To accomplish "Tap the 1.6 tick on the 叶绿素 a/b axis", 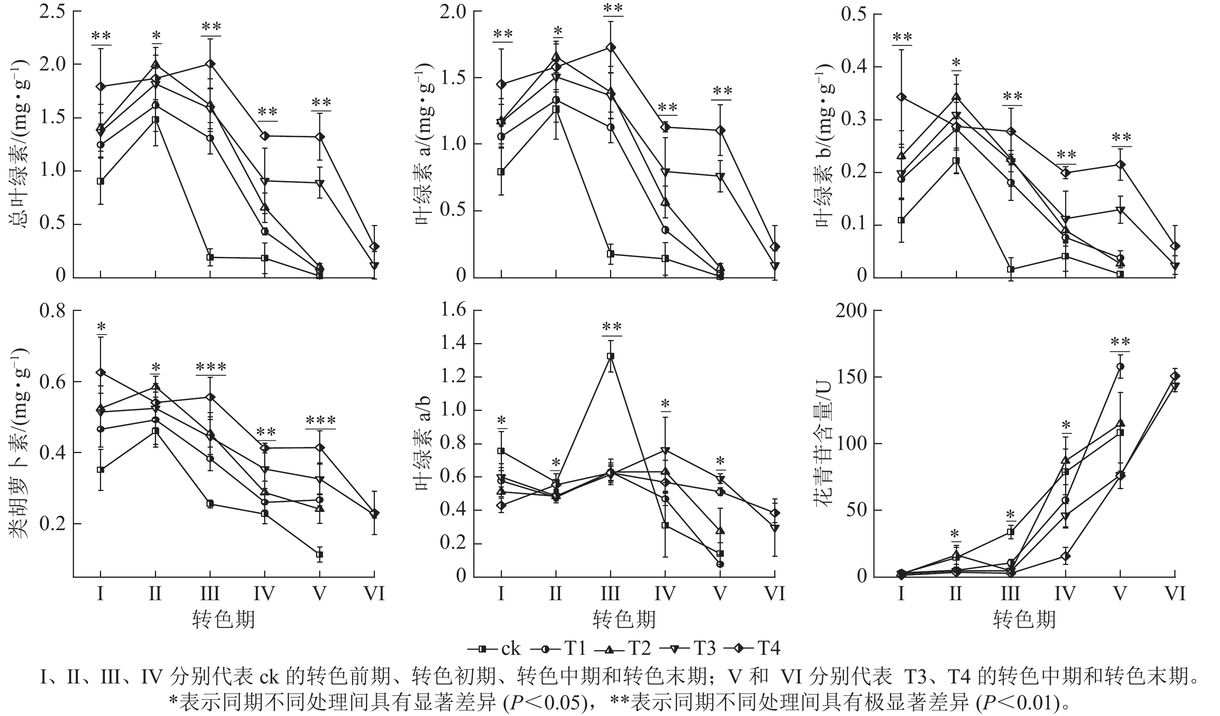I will (x=452, y=310).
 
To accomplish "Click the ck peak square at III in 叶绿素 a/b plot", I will (x=611, y=356).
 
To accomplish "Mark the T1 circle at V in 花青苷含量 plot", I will (x=1120, y=366).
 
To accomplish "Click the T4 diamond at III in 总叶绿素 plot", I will (x=210, y=64).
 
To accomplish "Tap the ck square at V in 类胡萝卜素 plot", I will (x=320, y=554).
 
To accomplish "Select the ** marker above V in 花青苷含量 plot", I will (x=1120, y=342).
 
